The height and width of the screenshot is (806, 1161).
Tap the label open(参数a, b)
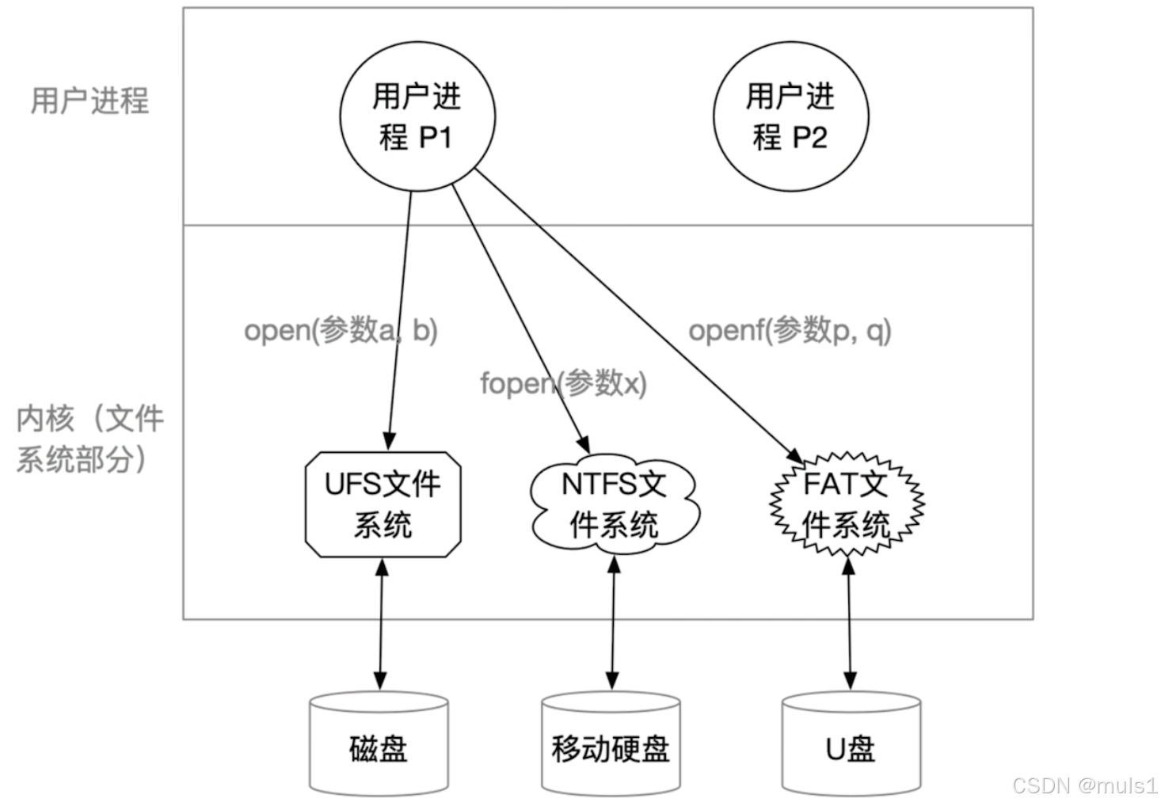[x=341, y=330]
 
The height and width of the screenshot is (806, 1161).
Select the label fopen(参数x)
[x=563, y=383]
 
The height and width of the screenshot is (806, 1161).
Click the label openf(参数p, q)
[x=790, y=330]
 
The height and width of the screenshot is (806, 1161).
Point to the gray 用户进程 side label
[x=89, y=101]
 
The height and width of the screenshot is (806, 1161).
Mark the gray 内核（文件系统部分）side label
[x=89, y=439]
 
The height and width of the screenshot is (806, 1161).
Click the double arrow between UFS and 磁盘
[x=382, y=625]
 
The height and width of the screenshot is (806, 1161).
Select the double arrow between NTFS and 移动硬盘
[x=613, y=624]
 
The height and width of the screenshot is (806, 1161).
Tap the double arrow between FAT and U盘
[x=849, y=624]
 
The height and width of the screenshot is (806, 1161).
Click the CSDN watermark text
[x=1084, y=785]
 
